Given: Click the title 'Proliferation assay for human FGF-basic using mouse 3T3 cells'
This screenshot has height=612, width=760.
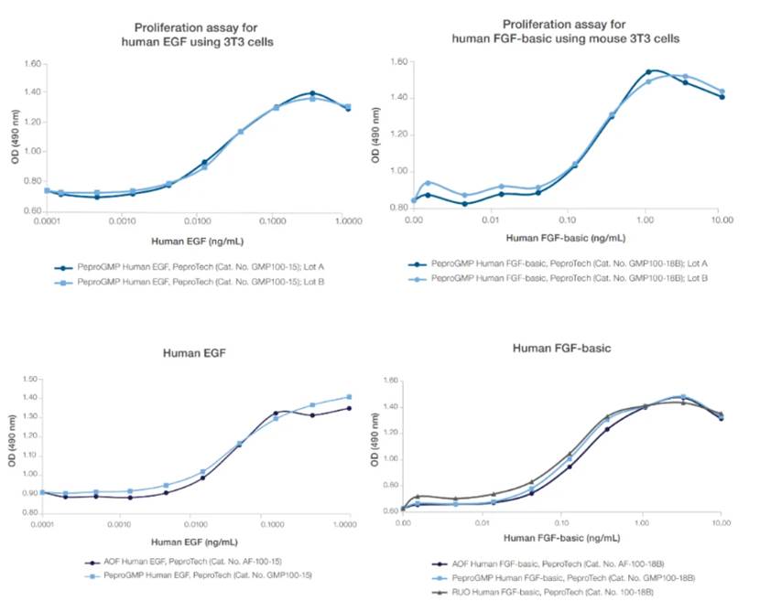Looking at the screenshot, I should pos(566,30).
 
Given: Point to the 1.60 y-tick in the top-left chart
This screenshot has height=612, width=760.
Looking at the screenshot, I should pos(32,64).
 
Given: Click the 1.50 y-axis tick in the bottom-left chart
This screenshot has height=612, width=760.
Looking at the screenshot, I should pos(32,379).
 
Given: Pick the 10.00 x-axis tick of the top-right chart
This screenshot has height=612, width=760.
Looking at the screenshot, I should pos(720,220).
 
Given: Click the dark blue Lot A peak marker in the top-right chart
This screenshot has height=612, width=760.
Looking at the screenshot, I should pos(648,71).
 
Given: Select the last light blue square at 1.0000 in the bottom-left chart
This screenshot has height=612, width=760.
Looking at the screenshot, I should pos(347,397).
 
